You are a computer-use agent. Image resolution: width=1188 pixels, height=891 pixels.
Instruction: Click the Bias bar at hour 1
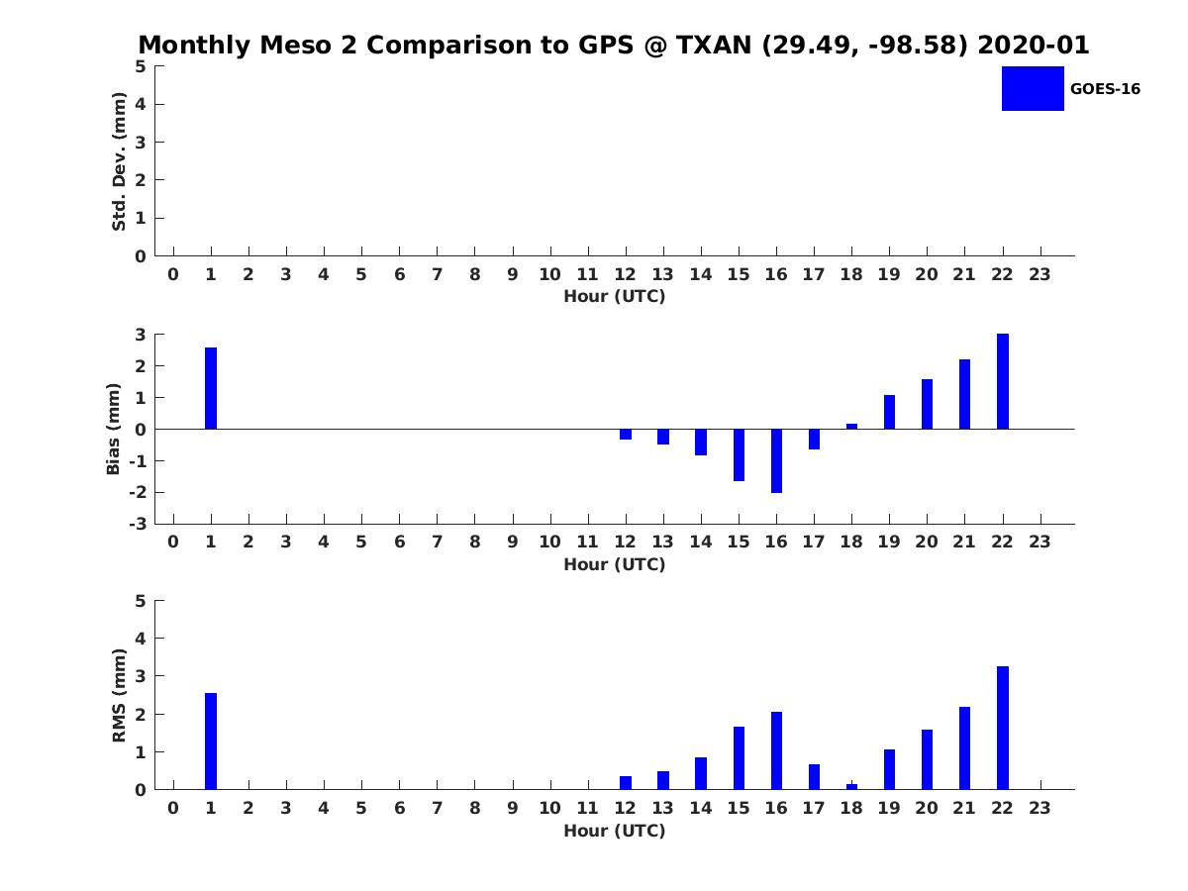click(x=211, y=388)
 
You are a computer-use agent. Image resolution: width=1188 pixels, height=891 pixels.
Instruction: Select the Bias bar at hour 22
click(x=1002, y=381)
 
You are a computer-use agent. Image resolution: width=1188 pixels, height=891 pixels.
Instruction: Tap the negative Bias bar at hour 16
click(x=776, y=461)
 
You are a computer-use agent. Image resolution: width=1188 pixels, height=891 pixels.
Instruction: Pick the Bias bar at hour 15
click(x=739, y=455)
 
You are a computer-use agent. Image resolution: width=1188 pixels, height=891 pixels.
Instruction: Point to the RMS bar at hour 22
click(x=1002, y=728)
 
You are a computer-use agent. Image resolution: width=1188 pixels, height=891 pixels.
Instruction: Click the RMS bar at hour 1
click(x=211, y=742)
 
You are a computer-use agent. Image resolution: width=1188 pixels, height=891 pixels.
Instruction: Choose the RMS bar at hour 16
click(x=776, y=750)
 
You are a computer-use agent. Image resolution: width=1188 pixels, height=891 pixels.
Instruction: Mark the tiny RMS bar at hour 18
click(x=852, y=787)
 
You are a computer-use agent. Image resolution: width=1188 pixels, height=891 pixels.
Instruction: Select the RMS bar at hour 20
click(x=927, y=759)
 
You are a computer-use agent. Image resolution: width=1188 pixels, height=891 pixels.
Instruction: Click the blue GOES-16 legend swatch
click(x=1033, y=89)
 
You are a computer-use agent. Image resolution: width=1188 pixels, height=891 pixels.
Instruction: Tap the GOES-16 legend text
click(x=1105, y=89)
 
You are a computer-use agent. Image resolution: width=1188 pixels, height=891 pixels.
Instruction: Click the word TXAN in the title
click(x=714, y=45)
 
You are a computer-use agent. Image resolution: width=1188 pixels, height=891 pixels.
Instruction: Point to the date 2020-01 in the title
click(x=1034, y=45)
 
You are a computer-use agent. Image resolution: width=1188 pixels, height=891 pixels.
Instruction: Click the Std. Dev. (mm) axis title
click(x=119, y=161)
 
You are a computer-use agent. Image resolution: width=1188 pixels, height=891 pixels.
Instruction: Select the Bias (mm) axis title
click(x=113, y=429)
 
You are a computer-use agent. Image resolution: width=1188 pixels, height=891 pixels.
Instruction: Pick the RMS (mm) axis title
click(x=119, y=695)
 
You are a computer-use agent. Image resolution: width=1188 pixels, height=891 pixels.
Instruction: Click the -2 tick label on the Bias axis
click(x=138, y=492)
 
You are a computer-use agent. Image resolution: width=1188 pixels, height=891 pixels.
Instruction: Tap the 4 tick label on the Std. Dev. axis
click(x=141, y=104)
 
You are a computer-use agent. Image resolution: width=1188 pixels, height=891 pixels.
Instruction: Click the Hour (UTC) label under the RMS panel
click(x=615, y=831)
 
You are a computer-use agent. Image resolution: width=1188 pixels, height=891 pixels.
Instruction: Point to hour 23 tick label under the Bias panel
click(x=1039, y=542)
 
